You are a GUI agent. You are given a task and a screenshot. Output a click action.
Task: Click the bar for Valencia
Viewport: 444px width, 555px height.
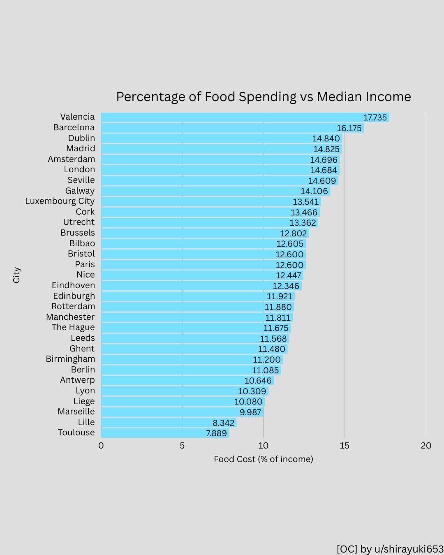(x=230, y=118)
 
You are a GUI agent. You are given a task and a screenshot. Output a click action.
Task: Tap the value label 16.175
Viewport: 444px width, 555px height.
(x=349, y=128)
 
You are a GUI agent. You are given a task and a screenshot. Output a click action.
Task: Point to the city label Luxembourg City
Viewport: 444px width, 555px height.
(x=60, y=201)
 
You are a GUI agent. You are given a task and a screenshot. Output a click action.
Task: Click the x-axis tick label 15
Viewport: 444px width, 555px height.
(x=345, y=446)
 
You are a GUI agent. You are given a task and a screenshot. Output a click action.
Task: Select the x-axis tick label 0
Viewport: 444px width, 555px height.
(x=101, y=446)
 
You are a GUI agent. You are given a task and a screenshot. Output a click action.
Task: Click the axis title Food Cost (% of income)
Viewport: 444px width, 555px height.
(x=264, y=459)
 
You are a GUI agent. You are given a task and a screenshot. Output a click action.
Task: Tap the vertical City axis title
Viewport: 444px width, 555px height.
(x=16, y=275)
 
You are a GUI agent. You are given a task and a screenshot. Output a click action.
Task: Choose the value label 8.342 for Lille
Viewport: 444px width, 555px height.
(x=224, y=423)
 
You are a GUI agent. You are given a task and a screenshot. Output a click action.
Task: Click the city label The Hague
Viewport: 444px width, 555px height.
(x=73, y=327)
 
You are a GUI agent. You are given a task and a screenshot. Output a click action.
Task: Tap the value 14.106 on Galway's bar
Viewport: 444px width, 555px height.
(x=314, y=191)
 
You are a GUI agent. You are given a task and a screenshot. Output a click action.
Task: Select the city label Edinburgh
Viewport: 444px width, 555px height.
(x=74, y=296)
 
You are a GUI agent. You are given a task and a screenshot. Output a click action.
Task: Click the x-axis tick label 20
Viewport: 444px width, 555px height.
(x=426, y=446)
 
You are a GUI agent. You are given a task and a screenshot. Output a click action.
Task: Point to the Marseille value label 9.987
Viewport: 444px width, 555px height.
(x=250, y=412)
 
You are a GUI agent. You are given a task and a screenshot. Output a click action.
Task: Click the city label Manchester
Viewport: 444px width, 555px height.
(x=70, y=317)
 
